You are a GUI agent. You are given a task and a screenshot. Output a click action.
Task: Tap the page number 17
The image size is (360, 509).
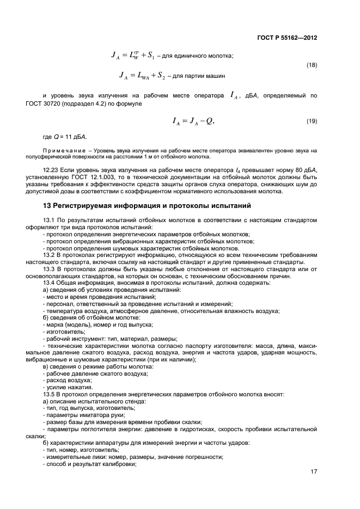tap(314, 471)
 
